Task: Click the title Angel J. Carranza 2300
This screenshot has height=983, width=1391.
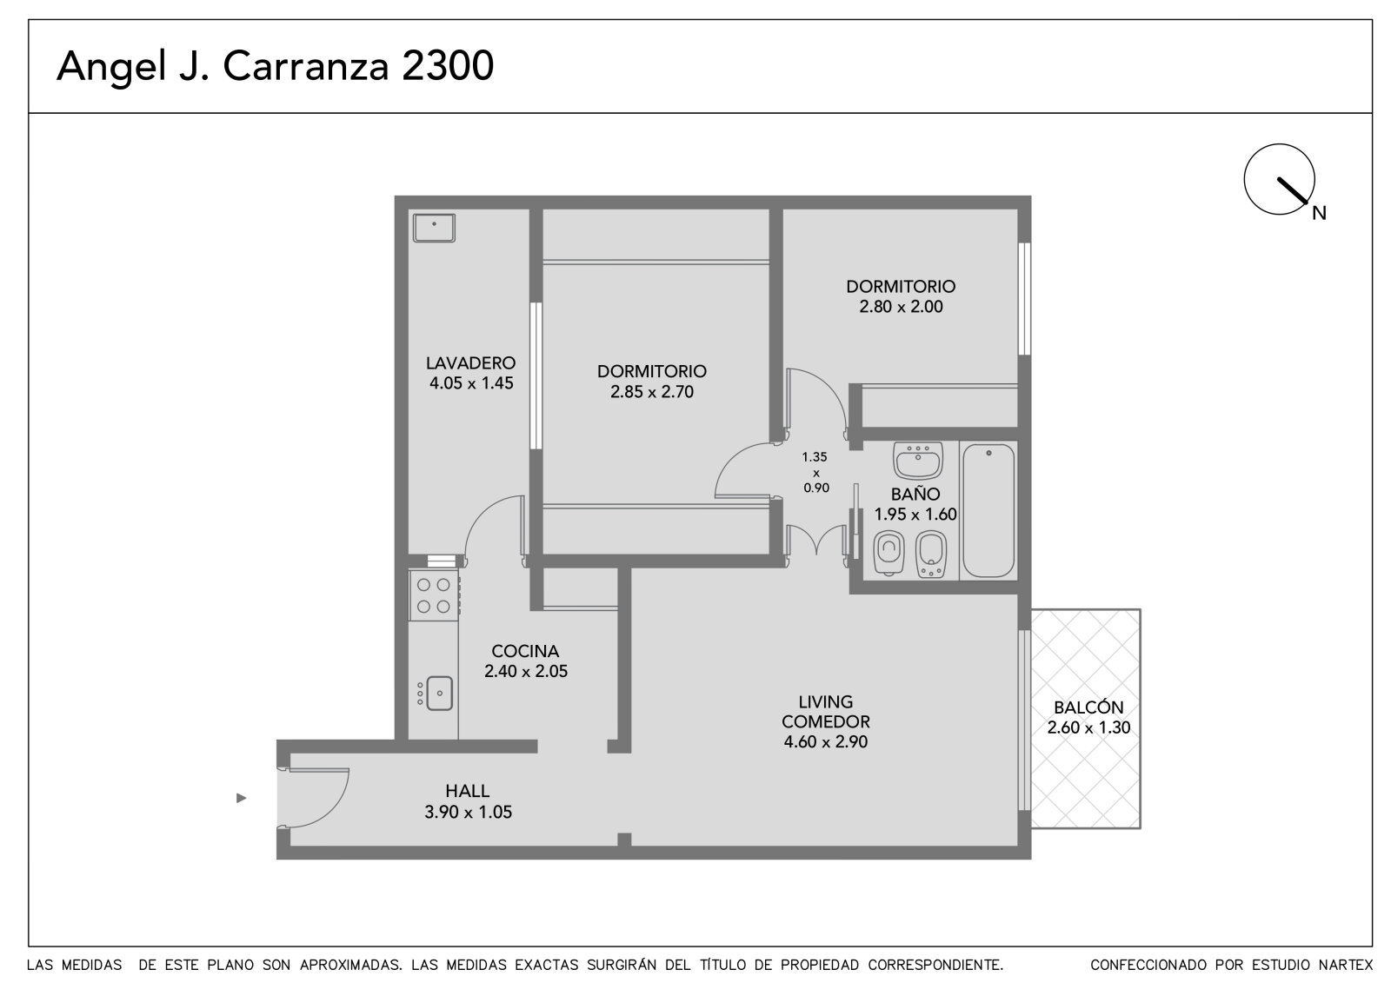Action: tap(275, 66)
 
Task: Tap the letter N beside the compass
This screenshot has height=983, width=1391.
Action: tap(1319, 214)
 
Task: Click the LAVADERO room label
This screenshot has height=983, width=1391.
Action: tap(470, 362)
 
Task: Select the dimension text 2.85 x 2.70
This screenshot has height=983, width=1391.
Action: tap(652, 392)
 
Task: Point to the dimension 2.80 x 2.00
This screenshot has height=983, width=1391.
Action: tap(901, 307)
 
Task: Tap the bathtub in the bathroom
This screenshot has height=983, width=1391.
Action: tap(988, 511)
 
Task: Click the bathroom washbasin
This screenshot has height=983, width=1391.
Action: tap(918, 460)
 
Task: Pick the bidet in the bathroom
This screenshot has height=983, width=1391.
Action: tap(931, 554)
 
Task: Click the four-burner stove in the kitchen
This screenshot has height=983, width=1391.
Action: tap(434, 594)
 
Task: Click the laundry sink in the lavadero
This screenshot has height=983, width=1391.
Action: tap(434, 228)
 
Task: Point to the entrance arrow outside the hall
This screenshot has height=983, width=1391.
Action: tap(242, 798)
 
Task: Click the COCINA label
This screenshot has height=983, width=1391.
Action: tap(525, 651)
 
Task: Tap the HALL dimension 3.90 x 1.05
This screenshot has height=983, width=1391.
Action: tap(469, 813)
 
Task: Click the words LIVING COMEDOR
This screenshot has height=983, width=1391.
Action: tap(826, 712)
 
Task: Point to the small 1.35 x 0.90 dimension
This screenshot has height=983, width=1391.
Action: tap(815, 473)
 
